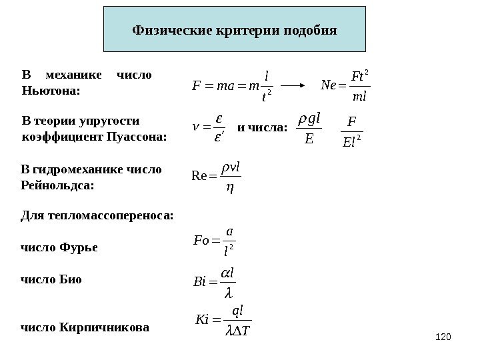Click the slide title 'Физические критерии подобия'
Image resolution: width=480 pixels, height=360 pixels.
pyautogui.click(x=235, y=31)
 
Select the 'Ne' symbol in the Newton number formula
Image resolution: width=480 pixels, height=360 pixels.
pyautogui.click(x=329, y=86)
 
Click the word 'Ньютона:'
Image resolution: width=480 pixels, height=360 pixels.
pyautogui.click(x=51, y=89)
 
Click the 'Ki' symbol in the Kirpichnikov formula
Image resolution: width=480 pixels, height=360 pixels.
pyautogui.click(x=199, y=322)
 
